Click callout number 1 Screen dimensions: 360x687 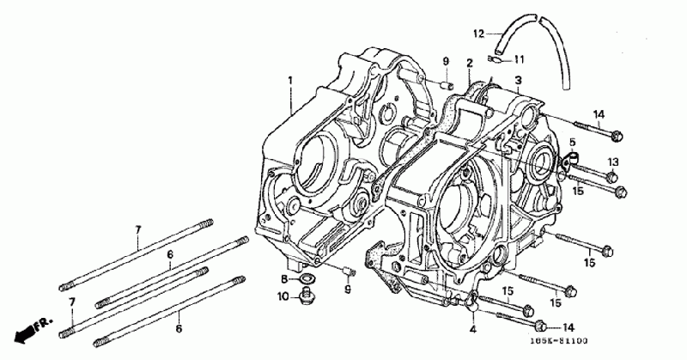click(x=290, y=80)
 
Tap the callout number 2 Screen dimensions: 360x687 click(x=470, y=63)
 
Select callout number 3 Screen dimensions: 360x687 click(x=518, y=81)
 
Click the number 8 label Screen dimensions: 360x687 click(x=283, y=279)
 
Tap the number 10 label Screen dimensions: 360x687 click(x=283, y=297)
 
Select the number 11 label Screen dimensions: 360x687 click(x=519, y=59)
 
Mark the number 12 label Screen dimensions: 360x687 click(x=479, y=34)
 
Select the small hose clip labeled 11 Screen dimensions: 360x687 click(x=496, y=59)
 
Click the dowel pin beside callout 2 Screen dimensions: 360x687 click(x=447, y=85)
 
